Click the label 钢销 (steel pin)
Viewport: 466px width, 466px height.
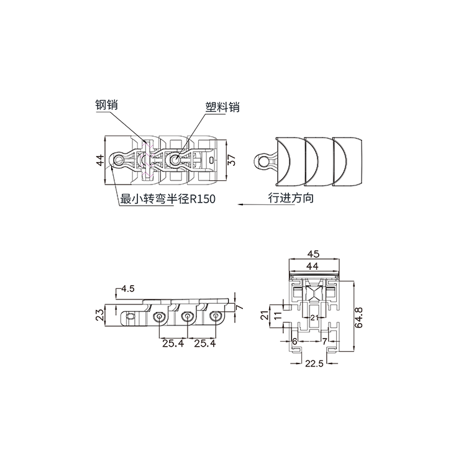[106, 104]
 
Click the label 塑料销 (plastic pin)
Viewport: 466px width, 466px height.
[222, 107]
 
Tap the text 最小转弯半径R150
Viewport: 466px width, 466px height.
[168, 199]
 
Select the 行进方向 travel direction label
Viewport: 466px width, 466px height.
[291, 198]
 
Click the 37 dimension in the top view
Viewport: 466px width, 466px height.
[232, 160]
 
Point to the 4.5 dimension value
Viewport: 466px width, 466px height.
[128, 288]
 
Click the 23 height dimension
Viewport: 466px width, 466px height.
[101, 315]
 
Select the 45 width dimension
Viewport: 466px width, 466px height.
[313, 254]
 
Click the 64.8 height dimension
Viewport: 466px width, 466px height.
[359, 318]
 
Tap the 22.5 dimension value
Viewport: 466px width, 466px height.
[314, 363]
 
